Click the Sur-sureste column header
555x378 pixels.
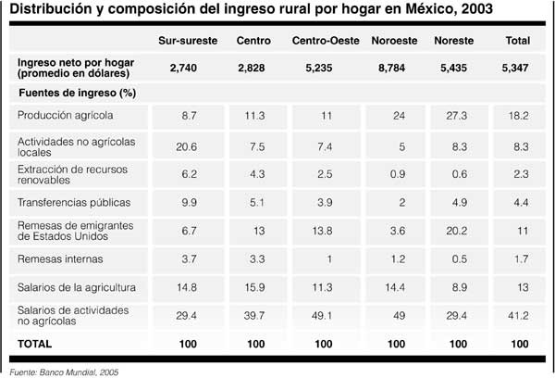(x=186, y=41)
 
